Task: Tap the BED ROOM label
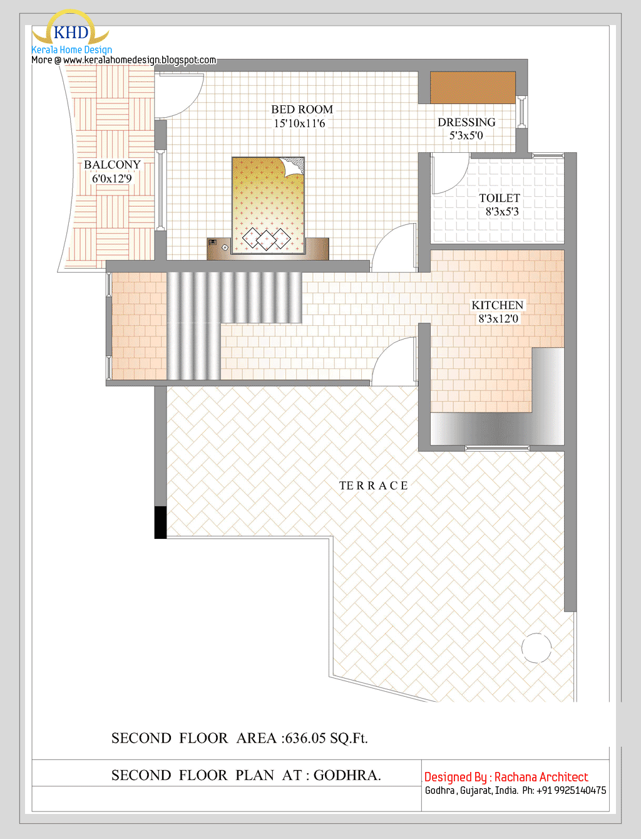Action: click(302, 110)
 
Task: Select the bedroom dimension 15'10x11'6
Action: click(299, 123)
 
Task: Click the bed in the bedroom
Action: click(268, 206)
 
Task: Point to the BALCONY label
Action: click(112, 165)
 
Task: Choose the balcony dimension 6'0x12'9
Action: click(112, 179)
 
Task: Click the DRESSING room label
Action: click(466, 122)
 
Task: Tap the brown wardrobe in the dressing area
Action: click(473, 88)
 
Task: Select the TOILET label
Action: click(500, 198)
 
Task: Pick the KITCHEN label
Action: click(497, 305)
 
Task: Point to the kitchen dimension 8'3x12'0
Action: click(498, 319)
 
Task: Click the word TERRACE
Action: click(373, 486)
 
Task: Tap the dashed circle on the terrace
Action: click(536, 648)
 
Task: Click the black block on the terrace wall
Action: click(160, 522)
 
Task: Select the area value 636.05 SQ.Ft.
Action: click(326, 738)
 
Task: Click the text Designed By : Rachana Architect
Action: click(506, 777)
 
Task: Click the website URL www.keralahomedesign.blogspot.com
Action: click(139, 60)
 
